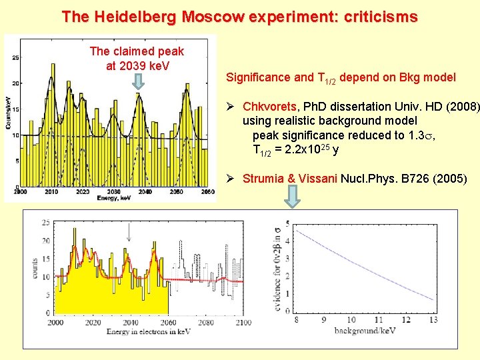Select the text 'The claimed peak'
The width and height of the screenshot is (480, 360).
(137, 51)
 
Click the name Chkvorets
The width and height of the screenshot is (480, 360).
(269, 107)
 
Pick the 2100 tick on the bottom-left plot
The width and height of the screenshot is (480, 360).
(243, 323)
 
